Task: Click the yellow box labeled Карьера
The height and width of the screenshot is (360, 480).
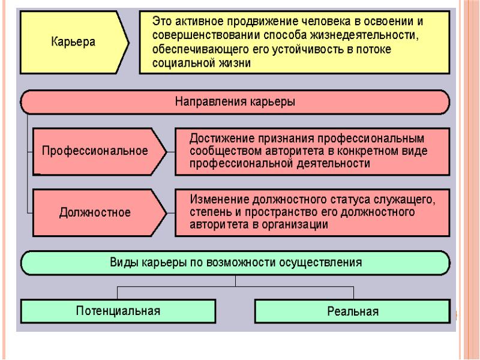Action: pos(74,42)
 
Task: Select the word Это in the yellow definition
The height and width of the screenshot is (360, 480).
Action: pos(161,21)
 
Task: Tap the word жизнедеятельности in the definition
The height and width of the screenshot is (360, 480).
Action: pos(364,35)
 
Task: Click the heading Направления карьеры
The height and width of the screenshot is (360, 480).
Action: pos(235,101)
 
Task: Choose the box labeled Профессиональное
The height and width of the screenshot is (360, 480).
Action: pos(100,152)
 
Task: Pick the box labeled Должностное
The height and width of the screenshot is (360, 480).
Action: pos(100,212)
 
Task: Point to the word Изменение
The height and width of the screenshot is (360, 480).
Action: pos(220,200)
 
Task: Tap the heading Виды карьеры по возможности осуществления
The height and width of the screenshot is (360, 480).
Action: pos(236,263)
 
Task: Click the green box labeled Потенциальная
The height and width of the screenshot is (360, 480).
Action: pos(118,311)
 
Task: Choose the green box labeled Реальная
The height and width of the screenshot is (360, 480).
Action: pos(353,311)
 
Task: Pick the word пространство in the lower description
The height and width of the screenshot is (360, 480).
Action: pos(281,212)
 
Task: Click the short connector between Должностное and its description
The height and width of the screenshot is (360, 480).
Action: pos(171,213)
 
